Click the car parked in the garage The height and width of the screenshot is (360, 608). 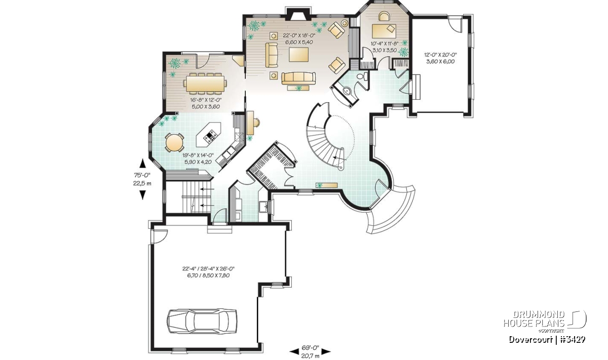202,321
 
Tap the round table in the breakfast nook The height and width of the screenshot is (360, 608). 174,142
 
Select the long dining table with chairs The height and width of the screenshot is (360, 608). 205,83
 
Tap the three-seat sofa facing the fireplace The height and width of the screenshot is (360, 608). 298,78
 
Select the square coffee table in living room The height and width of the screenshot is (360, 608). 299,55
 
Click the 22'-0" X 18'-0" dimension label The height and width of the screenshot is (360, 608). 299,35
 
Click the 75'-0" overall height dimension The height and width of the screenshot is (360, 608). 142,175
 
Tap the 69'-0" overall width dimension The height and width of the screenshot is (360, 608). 310,347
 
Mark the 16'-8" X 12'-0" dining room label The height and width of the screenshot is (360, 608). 206,100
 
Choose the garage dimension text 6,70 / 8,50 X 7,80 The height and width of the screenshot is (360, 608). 206,275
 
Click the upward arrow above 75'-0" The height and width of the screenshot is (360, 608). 142,164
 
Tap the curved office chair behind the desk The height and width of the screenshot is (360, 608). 384,16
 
